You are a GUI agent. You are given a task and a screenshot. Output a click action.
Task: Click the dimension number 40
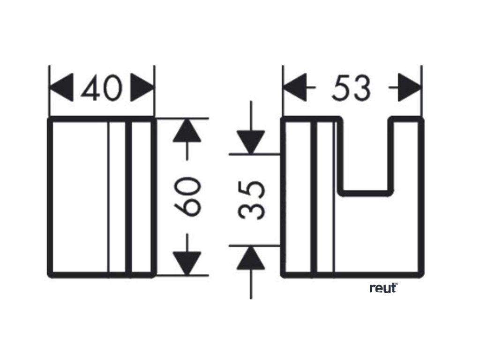102,88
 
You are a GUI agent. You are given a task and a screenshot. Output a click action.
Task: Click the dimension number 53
351,88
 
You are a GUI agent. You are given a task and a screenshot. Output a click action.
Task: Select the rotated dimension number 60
187,196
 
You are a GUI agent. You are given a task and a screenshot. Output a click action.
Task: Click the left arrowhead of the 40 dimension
62,88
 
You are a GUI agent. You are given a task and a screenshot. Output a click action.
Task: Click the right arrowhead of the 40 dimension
142,88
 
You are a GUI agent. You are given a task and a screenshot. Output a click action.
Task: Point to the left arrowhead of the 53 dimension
295,88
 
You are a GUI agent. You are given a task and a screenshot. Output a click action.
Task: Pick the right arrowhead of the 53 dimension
409,88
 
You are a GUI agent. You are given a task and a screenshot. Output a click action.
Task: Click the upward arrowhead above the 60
187,131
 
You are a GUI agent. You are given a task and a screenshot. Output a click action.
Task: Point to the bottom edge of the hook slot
367,192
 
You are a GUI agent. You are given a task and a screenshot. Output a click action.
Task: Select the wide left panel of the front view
79,196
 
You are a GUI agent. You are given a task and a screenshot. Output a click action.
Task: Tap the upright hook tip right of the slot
407,155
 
